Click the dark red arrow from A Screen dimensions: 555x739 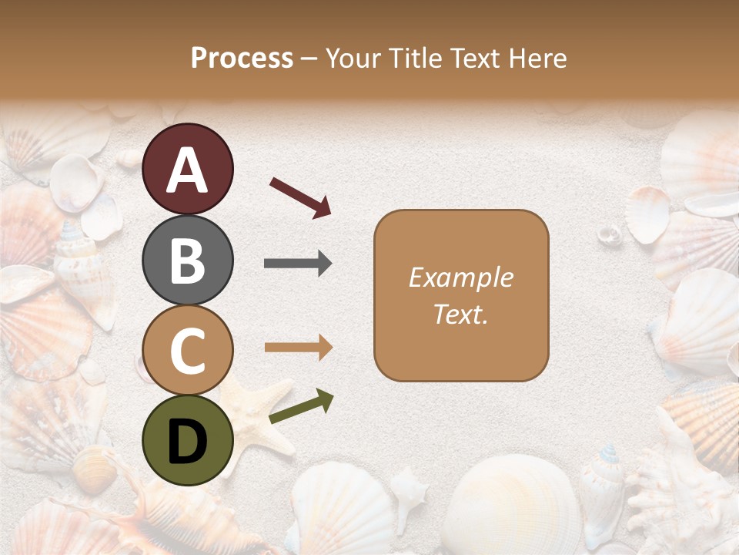coord(301,197)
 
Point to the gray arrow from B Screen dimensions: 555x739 coord(298,264)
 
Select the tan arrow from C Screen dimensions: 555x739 coord(299,348)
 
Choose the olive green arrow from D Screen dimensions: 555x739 coord(301,406)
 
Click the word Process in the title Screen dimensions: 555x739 coord(242,58)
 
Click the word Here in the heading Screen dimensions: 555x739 coord(539,58)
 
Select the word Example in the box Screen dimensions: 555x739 coord(460,277)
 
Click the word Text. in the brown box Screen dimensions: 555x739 coord(460,314)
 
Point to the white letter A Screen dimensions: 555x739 coord(187,170)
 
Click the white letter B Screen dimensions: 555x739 coord(187,261)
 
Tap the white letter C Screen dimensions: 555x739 coord(187,351)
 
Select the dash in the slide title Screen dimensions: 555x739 coord(309,59)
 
